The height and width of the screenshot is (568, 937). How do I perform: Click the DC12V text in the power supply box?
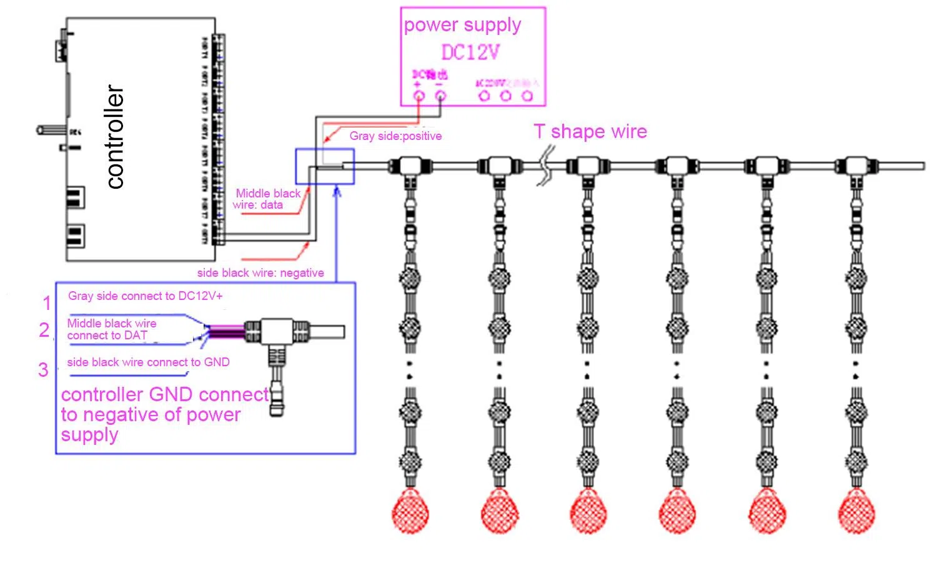pyautogui.click(x=470, y=52)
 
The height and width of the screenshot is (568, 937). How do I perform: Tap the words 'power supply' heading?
pyautogui.click(x=462, y=25)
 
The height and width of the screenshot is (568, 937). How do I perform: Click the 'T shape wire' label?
pyautogui.click(x=590, y=131)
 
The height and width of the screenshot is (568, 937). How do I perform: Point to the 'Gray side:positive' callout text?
pyautogui.click(x=395, y=136)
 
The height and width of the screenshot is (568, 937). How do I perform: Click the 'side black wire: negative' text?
pyautogui.click(x=260, y=272)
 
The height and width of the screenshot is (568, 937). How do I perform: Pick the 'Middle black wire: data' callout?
pyautogui.click(x=267, y=199)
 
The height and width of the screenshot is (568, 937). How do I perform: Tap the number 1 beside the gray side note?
pyautogui.click(x=47, y=303)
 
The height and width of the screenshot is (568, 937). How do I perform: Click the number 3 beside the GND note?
pyautogui.click(x=43, y=369)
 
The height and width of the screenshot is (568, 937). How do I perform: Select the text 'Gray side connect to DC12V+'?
pyautogui.click(x=145, y=296)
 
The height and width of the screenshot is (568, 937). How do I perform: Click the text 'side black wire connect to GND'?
pyautogui.click(x=148, y=362)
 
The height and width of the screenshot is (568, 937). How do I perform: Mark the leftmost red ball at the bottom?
pyautogui.click(x=410, y=511)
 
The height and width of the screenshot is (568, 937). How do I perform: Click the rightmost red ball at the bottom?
pyautogui.click(x=855, y=511)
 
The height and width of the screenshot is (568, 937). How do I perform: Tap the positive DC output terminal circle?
pyautogui.click(x=419, y=96)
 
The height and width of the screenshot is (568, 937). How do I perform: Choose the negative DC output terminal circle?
pyautogui.click(x=440, y=96)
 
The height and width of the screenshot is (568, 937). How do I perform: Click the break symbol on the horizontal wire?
pyautogui.click(x=547, y=166)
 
